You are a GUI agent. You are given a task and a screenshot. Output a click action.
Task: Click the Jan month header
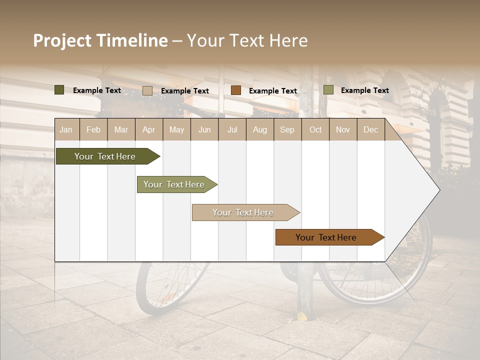click(66, 130)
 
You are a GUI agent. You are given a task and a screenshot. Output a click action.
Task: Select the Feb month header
click(93, 130)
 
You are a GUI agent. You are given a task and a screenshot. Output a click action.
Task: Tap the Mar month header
click(121, 130)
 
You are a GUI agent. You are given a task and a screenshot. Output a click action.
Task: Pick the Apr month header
click(149, 130)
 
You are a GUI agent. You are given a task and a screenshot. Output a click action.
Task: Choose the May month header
click(176, 130)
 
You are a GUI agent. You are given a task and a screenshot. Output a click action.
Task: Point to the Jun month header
click(204, 130)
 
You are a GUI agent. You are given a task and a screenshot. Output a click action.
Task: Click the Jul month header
click(232, 130)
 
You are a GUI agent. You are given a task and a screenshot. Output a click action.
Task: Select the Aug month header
click(260, 130)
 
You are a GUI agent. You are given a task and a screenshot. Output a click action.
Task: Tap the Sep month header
click(287, 130)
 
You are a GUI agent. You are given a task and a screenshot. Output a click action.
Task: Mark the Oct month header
click(315, 130)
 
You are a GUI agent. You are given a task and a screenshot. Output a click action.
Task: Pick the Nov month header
click(343, 130)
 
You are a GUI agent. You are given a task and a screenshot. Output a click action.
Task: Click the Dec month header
click(371, 130)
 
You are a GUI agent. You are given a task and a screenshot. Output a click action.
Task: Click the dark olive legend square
click(59, 90)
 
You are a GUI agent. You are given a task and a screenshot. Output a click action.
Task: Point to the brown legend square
click(236, 90)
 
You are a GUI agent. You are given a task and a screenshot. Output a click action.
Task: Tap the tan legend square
click(147, 90)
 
